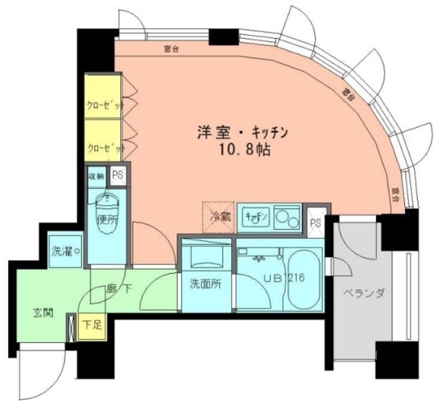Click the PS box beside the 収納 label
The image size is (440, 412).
(117, 175)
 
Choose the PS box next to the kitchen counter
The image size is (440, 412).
(316, 222)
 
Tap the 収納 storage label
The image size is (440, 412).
(96, 175)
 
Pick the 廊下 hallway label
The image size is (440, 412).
(118, 288)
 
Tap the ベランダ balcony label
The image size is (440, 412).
(362, 294)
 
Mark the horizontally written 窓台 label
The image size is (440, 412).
(172, 49)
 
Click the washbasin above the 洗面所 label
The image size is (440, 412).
(206, 256)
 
